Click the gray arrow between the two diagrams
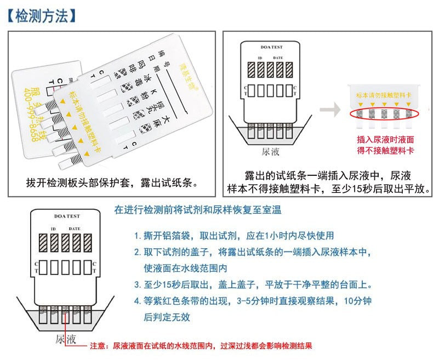[x=331, y=110]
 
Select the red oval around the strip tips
[x=384, y=113]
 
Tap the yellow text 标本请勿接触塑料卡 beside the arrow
[x=384, y=95]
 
